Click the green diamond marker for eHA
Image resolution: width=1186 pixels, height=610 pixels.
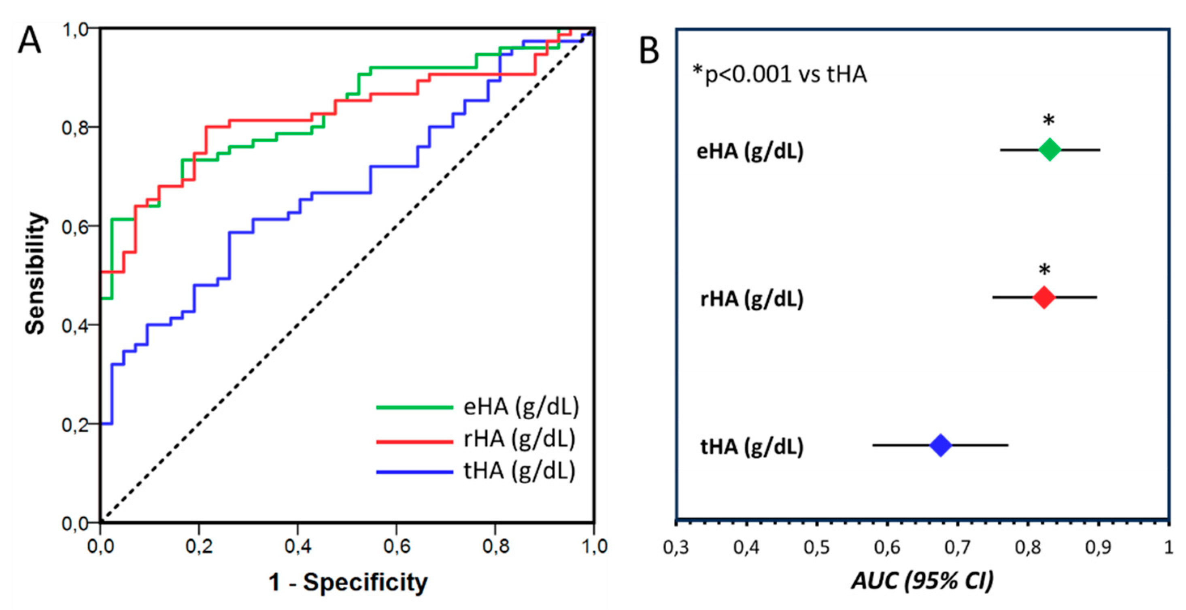point(1050,150)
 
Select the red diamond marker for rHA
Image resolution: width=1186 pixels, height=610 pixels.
point(1044,298)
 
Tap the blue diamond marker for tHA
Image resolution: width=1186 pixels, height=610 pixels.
point(941,445)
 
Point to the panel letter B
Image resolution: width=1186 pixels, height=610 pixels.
point(649,51)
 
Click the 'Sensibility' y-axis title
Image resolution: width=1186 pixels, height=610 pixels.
point(36,273)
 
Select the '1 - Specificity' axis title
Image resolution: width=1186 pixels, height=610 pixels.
point(348,582)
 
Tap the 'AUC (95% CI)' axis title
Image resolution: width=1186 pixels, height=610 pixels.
point(922,580)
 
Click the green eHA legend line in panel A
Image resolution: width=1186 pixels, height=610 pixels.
point(414,407)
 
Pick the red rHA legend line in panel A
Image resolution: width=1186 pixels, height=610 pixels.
point(414,442)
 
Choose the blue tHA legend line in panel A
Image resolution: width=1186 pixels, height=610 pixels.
point(414,472)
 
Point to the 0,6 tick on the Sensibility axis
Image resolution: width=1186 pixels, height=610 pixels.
point(74,227)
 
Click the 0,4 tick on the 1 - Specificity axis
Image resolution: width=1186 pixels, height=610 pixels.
point(298,546)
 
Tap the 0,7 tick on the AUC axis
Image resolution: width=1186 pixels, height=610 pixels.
point(958,547)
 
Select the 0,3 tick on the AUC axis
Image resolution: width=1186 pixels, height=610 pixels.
point(676,547)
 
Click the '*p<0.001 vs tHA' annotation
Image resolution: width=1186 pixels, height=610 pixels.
point(780,74)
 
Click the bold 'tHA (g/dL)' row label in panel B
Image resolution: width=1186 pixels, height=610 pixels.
point(751,446)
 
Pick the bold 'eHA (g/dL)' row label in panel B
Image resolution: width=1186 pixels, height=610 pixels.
point(750,151)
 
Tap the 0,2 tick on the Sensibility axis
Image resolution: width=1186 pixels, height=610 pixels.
point(74,425)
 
